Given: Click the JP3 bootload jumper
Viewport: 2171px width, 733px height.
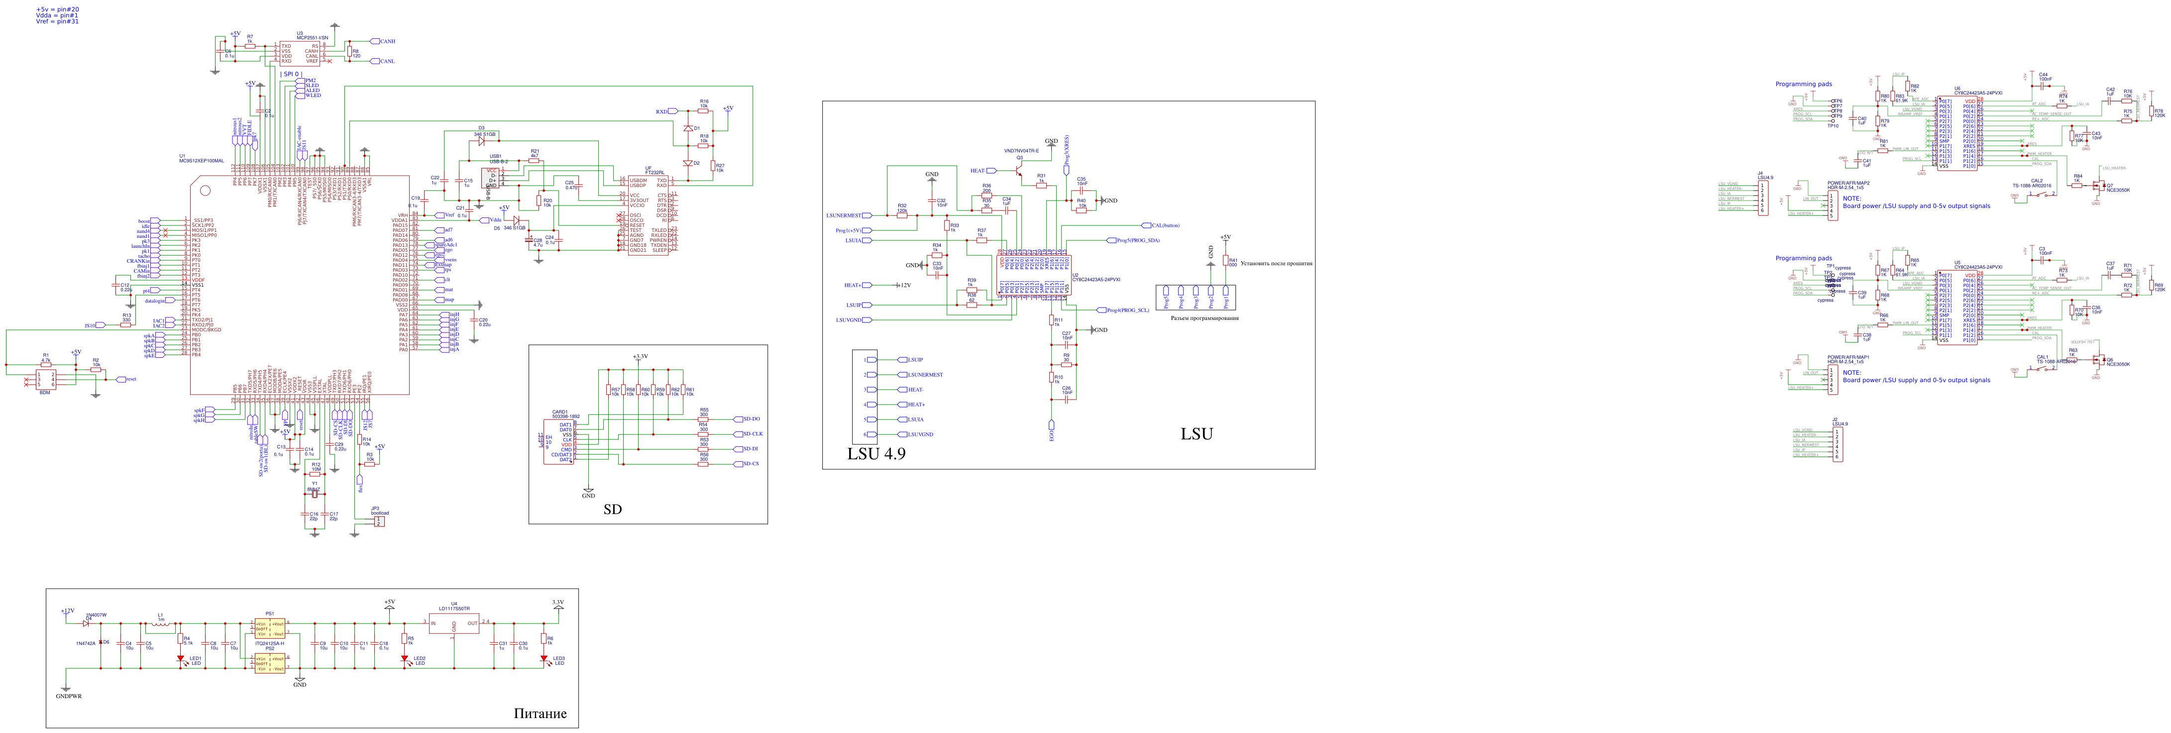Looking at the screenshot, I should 379,521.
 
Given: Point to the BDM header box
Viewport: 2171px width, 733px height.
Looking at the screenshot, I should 45,379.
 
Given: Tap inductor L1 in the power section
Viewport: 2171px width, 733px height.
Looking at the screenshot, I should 161,625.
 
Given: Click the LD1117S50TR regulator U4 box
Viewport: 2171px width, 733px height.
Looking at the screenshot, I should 453,624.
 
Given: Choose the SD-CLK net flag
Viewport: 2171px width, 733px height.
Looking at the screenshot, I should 749,434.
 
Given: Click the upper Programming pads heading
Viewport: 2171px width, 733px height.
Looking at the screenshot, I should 1804,84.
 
